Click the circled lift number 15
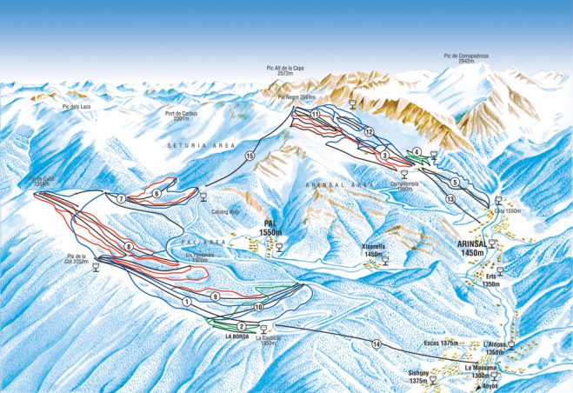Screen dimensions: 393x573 [250, 156]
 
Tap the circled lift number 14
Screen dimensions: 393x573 [376, 344]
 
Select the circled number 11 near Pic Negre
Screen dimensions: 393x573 [314, 115]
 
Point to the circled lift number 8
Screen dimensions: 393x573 [128, 247]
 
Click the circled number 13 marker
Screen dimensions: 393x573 [450, 199]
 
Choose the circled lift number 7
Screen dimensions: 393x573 [122, 199]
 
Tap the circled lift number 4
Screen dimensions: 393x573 [416, 152]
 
